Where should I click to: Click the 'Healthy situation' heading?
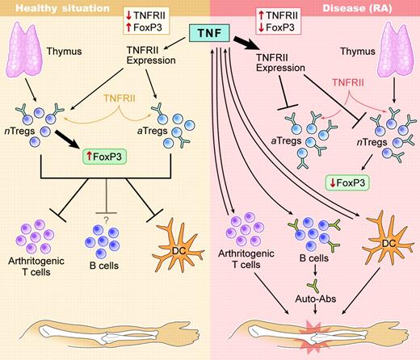[50, 8]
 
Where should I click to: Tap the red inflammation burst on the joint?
[309, 332]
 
